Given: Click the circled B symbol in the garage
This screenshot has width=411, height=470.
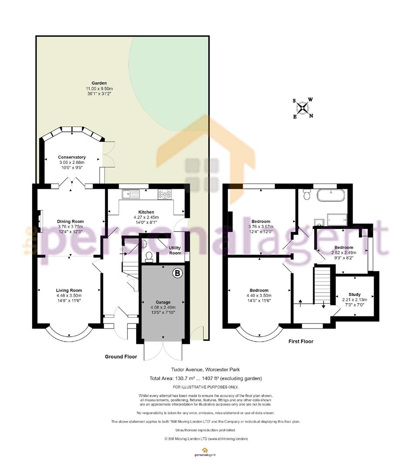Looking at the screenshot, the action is click(x=177, y=273).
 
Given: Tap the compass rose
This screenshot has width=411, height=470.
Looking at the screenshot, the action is click(x=303, y=108).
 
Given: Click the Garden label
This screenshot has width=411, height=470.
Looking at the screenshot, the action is click(x=99, y=83).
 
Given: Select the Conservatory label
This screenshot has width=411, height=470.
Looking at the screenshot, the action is click(x=72, y=157).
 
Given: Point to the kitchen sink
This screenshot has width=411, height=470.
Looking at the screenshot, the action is click(x=130, y=194).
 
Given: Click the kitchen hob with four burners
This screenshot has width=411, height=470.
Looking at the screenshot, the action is click(x=165, y=194).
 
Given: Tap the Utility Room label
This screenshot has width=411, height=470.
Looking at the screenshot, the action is click(x=175, y=250).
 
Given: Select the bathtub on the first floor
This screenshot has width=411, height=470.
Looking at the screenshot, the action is click(x=331, y=195).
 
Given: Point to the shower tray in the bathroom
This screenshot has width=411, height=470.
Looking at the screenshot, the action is click(x=337, y=219).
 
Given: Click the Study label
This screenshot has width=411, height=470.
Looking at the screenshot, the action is click(x=354, y=294).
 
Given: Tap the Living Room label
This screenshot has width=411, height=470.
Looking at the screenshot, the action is click(x=69, y=290).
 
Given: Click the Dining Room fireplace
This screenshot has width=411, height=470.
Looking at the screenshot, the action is click(x=40, y=221).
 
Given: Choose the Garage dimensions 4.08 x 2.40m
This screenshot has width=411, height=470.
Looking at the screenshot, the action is click(x=163, y=307).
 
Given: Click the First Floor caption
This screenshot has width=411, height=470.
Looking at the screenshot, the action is click(x=301, y=341).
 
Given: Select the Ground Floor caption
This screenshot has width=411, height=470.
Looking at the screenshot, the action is click(x=121, y=356).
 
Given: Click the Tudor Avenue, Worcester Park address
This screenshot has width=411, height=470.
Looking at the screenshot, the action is click(x=205, y=369).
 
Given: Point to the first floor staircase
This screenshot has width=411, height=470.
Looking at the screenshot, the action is click(x=322, y=285).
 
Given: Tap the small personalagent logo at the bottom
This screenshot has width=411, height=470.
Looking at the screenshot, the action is click(x=205, y=452).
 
